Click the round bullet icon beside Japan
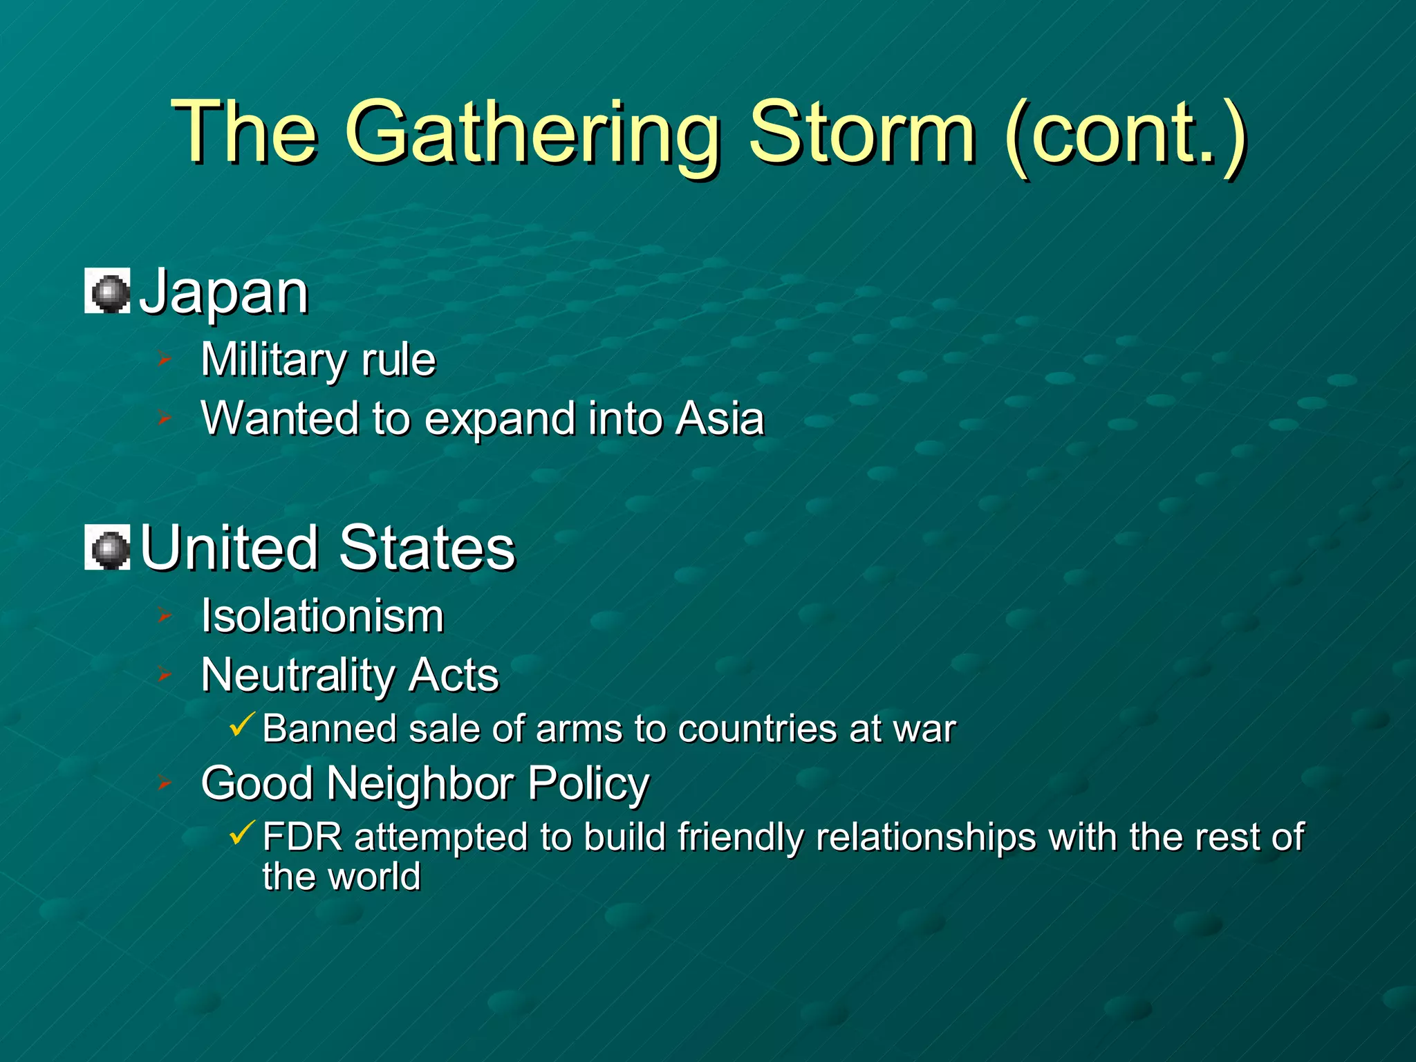[108, 292]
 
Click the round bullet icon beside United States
[108, 548]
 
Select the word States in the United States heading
[427, 548]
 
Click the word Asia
[719, 418]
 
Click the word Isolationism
[322, 615]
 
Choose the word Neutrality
[295, 675]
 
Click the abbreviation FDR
[302, 837]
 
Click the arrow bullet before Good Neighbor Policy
[164, 783]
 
